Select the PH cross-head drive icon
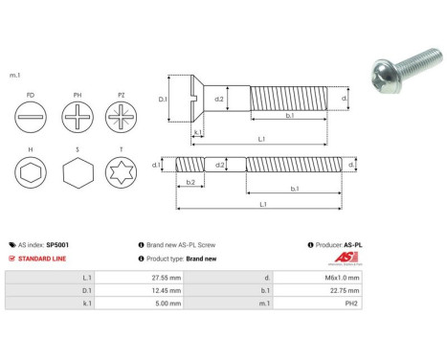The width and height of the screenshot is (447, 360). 77,123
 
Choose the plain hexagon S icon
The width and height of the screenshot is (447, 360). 77,174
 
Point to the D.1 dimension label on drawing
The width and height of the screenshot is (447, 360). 162,99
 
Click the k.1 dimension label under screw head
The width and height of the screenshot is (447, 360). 198,132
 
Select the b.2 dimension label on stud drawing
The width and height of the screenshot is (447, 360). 190,181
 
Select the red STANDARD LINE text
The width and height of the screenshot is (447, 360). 48,259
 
